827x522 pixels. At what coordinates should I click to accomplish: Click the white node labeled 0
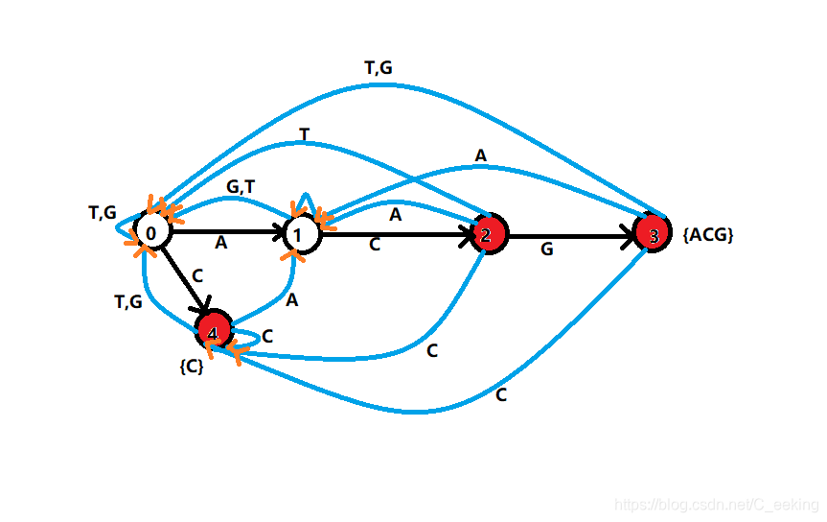coord(150,232)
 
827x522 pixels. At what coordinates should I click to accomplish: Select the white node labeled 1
coord(301,233)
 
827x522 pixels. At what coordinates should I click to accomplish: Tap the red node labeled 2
coord(487,233)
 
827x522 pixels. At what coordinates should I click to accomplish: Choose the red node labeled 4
coord(213,330)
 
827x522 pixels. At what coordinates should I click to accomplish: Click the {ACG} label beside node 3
coord(708,234)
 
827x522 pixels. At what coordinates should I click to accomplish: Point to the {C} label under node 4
coord(192,366)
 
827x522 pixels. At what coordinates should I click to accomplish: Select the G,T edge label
coord(241,187)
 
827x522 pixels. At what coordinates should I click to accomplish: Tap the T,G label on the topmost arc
coord(379,68)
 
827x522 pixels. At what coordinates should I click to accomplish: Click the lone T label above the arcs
coord(305,135)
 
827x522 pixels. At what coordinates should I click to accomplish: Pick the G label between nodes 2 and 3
coord(547,249)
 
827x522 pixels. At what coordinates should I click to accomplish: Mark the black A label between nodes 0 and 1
coord(220,244)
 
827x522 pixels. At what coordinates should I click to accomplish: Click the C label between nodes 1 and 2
coord(375,245)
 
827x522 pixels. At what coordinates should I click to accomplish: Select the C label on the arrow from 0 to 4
coord(197,275)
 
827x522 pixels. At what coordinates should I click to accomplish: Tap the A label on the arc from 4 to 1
coord(292,300)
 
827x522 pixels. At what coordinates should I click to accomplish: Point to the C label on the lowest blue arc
coord(501,394)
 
